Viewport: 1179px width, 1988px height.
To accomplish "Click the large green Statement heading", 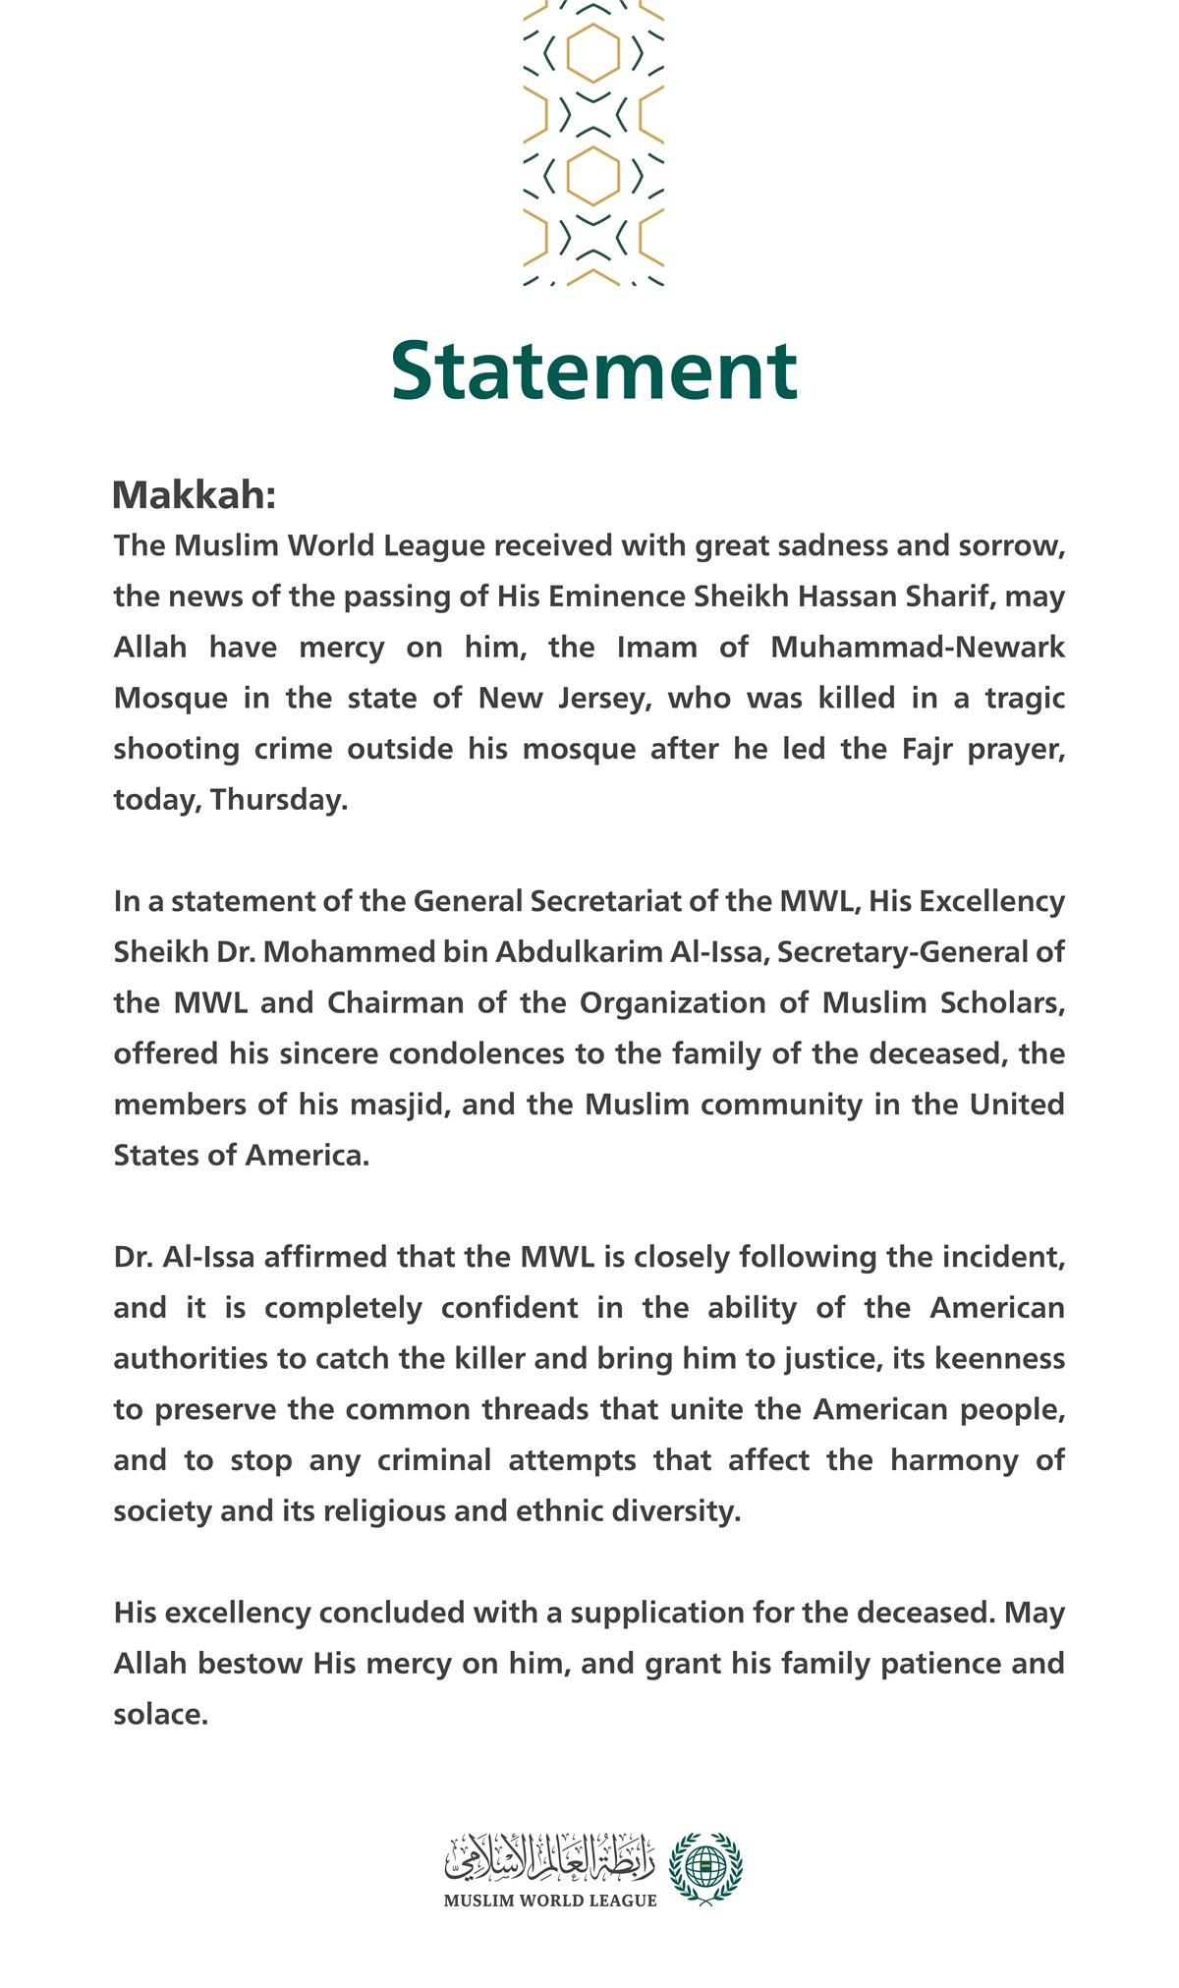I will [593, 370].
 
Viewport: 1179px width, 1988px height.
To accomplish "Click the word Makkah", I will [193, 495].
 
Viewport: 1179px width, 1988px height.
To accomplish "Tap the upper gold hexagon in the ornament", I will [593, 53].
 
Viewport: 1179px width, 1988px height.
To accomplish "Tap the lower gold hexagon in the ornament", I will [593, 176].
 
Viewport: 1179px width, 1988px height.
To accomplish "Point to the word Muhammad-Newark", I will [918, 648].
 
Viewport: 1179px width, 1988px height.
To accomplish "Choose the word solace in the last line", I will [160, 1715].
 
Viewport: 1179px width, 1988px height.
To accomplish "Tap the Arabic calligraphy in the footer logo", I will [550, 1854].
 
